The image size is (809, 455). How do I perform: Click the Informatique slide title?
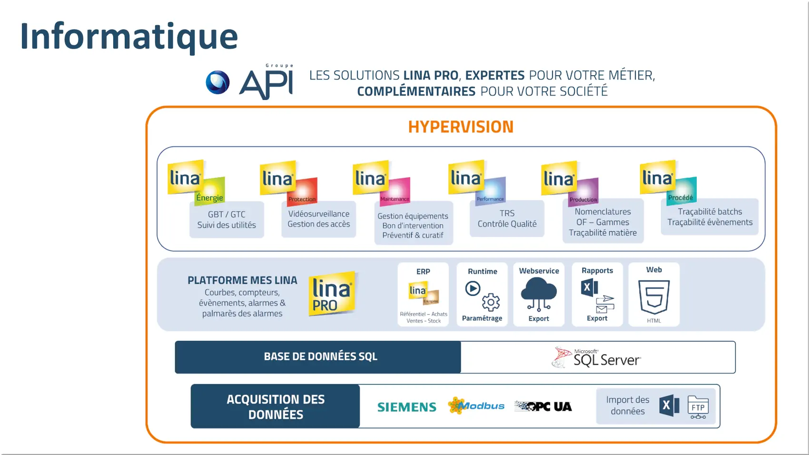point(129,37)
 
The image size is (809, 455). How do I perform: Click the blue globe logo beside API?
point(217,82)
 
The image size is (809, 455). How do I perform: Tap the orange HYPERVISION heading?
point(461,127)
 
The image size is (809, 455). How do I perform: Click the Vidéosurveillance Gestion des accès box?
point(318,219)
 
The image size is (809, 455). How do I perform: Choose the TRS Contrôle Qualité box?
point(507,219)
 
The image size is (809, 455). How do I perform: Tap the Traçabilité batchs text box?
point(710,217)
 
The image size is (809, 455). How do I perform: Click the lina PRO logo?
point(332,294)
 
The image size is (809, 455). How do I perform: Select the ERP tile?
point(423,295)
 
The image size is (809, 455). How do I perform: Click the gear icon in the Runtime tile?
point(491,302)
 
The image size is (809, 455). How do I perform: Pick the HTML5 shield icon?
point(654,297)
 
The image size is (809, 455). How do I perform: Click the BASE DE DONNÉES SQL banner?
point(318,357)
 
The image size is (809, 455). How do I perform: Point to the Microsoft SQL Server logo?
point(597,357)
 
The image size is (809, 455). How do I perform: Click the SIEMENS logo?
point(407,407)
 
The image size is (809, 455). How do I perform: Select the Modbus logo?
point(476,406)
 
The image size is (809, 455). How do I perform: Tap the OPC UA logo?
point(543,406)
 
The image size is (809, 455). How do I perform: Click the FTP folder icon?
point(698,407)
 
